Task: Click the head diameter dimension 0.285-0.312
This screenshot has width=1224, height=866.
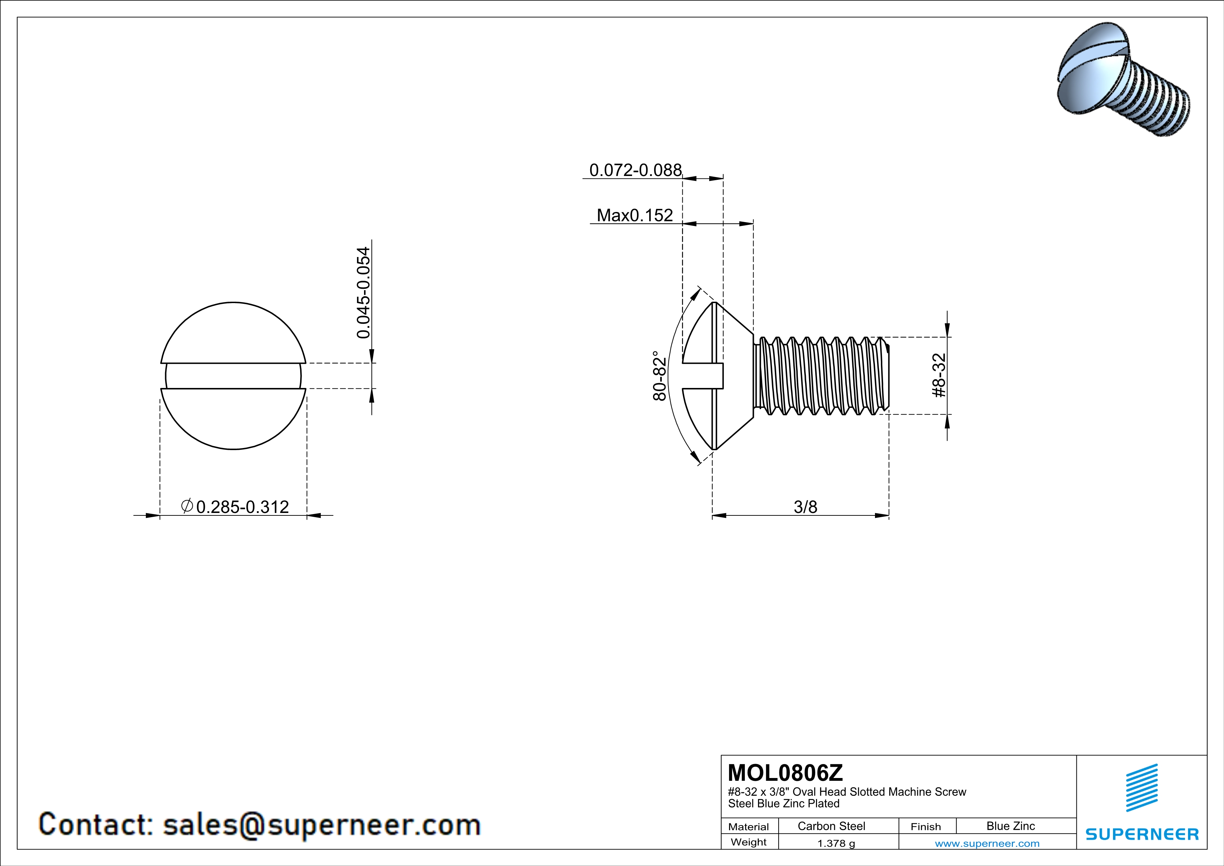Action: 243,507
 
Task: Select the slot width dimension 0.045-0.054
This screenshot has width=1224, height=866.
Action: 363,292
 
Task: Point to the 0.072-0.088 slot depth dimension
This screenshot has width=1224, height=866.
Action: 635,170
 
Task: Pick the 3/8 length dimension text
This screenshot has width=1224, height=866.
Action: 805,507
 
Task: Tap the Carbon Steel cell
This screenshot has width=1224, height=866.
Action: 831,826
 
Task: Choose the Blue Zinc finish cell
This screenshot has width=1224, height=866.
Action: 1010,826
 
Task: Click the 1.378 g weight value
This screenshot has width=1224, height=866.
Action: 836,843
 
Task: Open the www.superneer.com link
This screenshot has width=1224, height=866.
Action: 987,843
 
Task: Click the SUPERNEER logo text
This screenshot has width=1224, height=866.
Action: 1142,834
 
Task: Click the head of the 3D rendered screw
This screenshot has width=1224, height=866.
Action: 1088,80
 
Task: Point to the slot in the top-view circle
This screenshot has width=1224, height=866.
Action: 233,376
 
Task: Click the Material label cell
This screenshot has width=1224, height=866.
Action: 749,827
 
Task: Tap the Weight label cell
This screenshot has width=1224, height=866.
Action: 749,842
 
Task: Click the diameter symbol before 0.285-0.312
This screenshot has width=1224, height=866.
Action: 187,506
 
